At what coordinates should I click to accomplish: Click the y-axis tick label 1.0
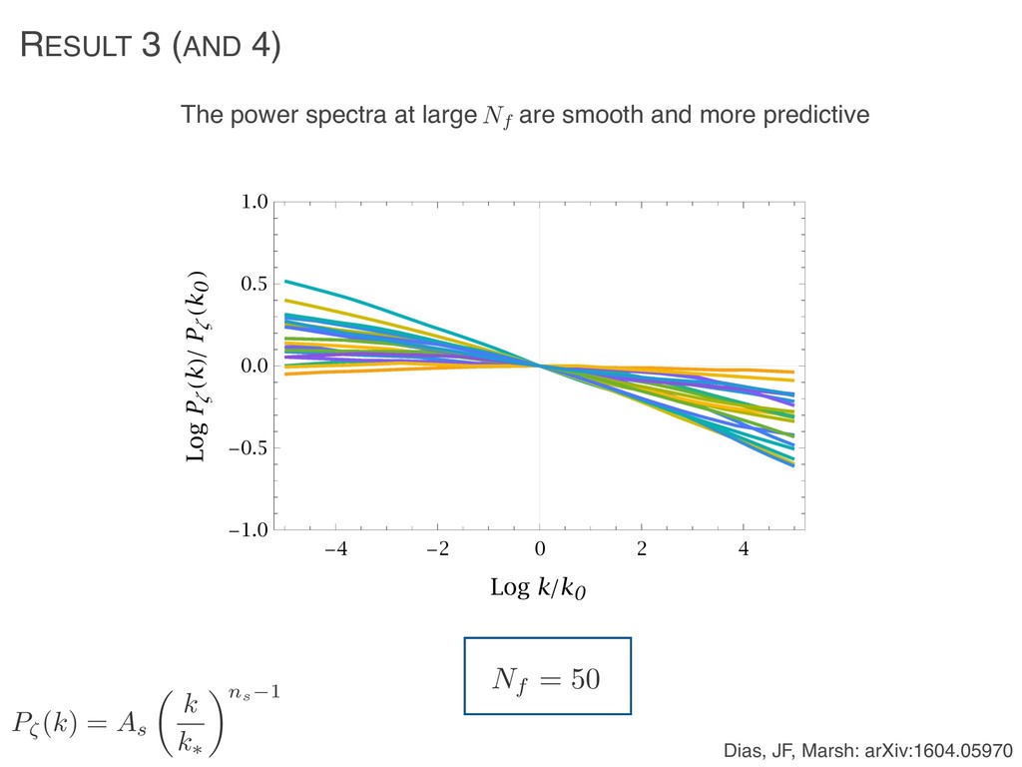pos(255,203)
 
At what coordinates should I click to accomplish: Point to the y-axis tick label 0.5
pos(255,285)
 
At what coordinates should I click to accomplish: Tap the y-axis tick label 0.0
pos(255,367)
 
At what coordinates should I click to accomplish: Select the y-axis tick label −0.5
pos(251,448)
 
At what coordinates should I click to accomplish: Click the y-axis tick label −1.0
pos(251,530)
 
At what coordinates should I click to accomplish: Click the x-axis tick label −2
pos(438,548)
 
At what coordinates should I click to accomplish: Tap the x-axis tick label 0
pos(539,548)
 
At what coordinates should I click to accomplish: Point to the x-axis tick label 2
pos(641,548)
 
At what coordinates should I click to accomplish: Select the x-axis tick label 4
pos(743,548)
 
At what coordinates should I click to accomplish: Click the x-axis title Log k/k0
pos(539,588)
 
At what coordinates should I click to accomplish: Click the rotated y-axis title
pos(200,366)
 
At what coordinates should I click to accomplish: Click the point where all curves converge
pos(539,366)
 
